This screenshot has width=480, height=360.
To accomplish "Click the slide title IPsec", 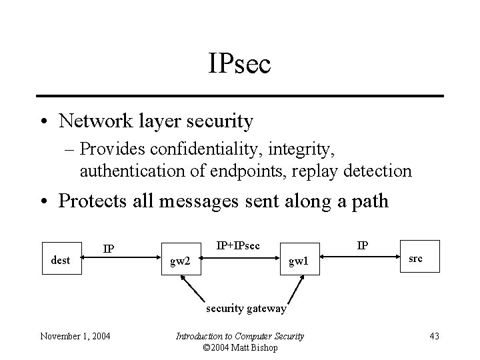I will point(239,65).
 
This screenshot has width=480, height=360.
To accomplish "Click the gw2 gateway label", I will point(180,261).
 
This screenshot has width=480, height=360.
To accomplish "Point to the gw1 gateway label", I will point(298,261).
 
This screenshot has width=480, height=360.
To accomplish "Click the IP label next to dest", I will point(109,249).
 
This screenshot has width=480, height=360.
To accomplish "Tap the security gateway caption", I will point(246,309).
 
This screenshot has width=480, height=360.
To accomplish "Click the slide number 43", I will point(434,336).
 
